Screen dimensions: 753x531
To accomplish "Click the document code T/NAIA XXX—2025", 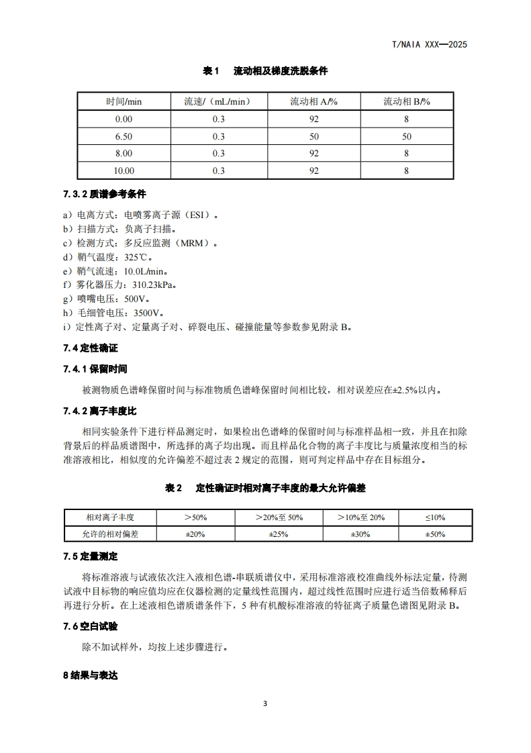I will (x=429, y=45).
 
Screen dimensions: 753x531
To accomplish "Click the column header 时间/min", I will (x=124, y=101).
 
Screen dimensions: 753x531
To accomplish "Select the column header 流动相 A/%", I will (x=313, y=101).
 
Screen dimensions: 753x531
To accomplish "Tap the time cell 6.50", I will (x=124, y=136).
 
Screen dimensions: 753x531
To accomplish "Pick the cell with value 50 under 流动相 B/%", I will (x=406, y=136).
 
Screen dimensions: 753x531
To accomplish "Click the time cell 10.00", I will (x=124, y=171).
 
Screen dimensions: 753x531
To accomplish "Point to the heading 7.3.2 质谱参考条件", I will (x=105, y=195).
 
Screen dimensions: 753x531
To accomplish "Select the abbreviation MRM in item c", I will (x=199, y=244).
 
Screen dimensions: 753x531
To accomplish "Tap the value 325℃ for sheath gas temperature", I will (x=139, y=258).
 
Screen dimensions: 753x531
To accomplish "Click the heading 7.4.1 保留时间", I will (x=95, y=369).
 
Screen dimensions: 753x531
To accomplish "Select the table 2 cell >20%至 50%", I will (x=279, y=517).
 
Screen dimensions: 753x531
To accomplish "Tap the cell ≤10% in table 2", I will (x=434, y=517).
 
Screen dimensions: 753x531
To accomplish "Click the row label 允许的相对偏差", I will (x=110, y=534).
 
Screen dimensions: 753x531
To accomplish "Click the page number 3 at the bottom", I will (x=265, y=704).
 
